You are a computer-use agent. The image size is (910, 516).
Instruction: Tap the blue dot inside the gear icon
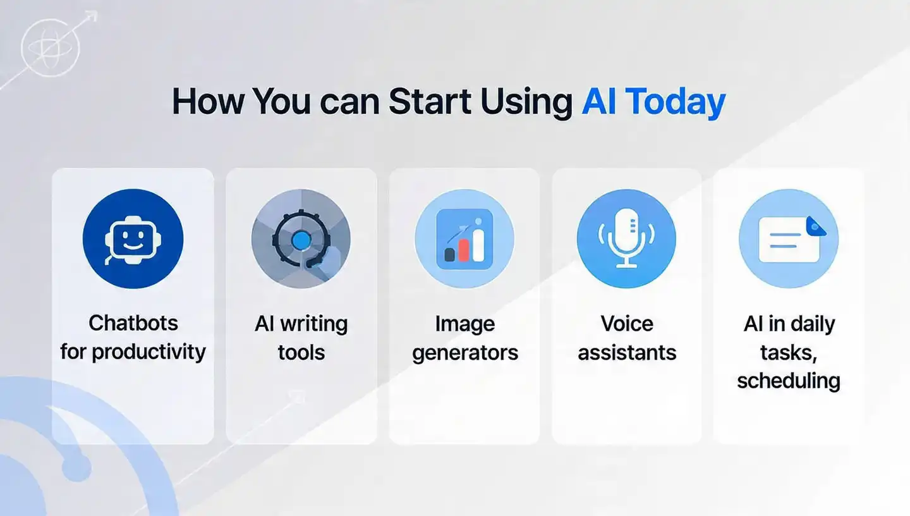[x=301, y=239]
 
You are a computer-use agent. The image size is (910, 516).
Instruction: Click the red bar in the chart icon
[x=463, y=249]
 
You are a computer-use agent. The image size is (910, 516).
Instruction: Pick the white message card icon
[x=788, y=240]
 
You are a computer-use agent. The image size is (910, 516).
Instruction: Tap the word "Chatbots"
[x=133, y=323]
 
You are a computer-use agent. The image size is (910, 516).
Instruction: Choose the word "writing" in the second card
[x=313, y=324]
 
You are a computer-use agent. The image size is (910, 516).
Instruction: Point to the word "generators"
[x=465, y=352]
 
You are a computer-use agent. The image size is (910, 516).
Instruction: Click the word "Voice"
[x=627, y=324]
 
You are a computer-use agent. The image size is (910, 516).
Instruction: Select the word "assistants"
[x=627, y=352]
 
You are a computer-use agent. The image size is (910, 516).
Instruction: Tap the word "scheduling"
[x=789, y=381]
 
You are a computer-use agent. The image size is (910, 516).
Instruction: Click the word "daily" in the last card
[x=811, y=324]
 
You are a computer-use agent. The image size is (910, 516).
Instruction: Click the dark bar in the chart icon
[x=450, y=254]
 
